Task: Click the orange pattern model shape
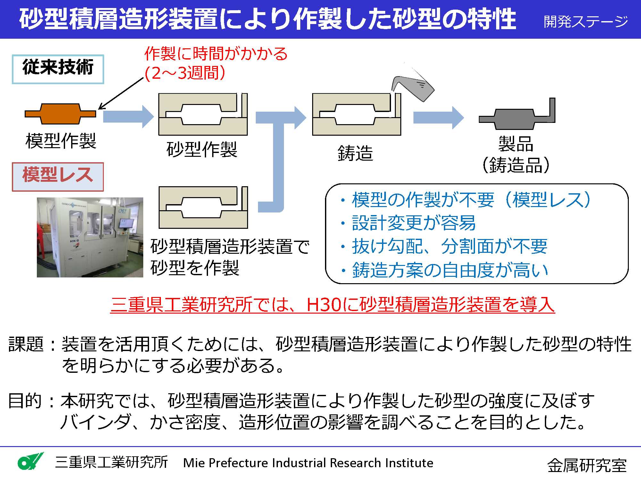point(60,114)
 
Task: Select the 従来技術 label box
point(58,69)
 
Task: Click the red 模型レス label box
point(58,177)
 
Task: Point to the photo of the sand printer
point(90,237)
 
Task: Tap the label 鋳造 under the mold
point(355,153)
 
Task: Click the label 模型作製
point(61,141)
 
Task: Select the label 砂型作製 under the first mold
point(202,149)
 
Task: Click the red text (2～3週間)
point(185,73)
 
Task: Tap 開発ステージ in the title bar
point(586,21)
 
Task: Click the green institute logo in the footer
point(30,461)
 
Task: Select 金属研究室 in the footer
point(587,465)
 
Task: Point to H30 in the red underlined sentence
point(324,304)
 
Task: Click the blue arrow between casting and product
point(438,118)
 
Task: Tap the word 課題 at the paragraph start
point(26,344)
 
